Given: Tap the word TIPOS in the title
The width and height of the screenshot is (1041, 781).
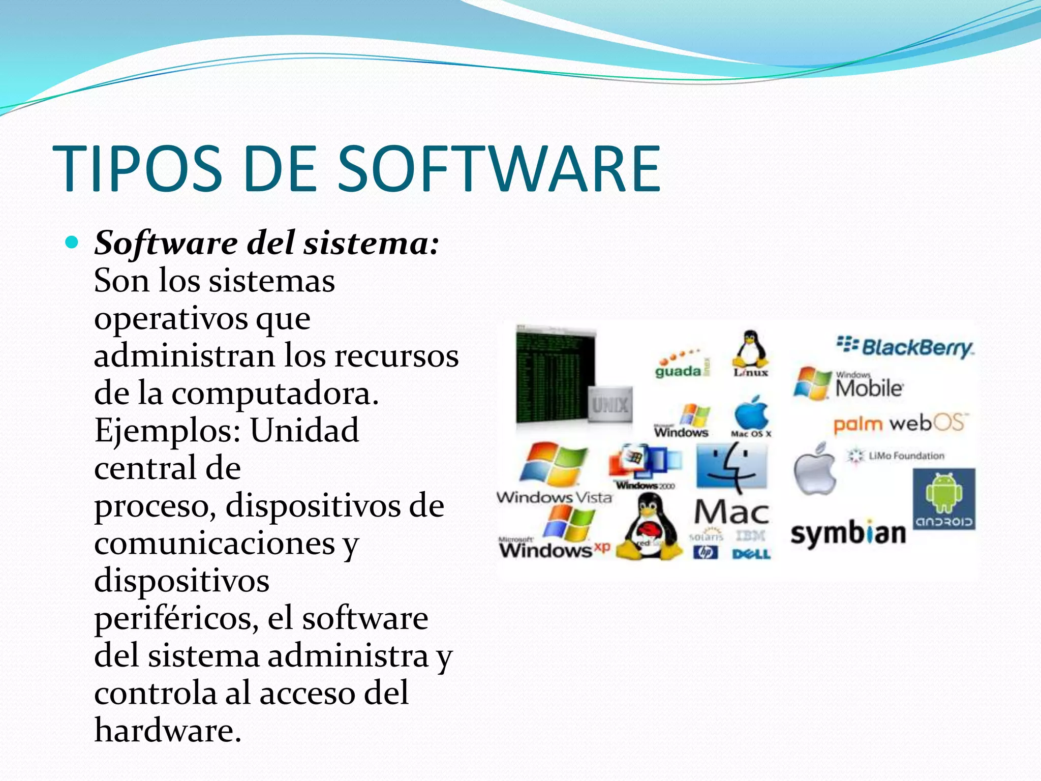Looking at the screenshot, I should (137, 169).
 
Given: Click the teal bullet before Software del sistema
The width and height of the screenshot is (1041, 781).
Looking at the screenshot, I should (72, 243).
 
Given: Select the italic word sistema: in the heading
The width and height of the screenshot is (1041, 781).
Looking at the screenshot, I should (371, 243).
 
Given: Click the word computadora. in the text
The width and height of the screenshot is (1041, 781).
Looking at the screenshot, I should (274, 394).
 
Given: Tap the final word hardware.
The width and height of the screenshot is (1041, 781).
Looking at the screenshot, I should (168, 731).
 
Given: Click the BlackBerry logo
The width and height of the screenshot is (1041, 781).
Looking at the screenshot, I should (905, 347).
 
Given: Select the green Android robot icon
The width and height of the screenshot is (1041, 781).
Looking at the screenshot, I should (943, 492).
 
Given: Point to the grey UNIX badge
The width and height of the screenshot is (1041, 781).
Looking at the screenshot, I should (610, 405).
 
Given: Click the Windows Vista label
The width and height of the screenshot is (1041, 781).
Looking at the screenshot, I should (554, 497).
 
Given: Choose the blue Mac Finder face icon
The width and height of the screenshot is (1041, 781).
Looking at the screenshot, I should (731, 466).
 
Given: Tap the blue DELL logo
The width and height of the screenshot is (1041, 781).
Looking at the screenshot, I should (751, 554).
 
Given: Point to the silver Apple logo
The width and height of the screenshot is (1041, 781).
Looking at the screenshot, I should (815, 469).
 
